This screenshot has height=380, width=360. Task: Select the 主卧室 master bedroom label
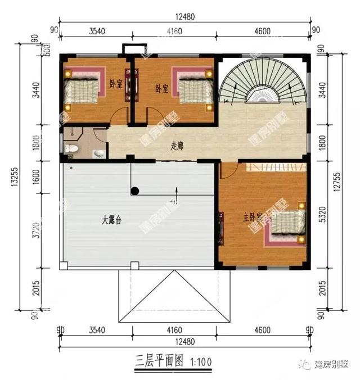click(x=254, y=216)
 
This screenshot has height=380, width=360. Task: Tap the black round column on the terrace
click(x=135, y=191)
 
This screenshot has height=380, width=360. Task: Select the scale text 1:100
click(x=201, y=361)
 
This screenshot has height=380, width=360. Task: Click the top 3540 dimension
click(x=97, y=31)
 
